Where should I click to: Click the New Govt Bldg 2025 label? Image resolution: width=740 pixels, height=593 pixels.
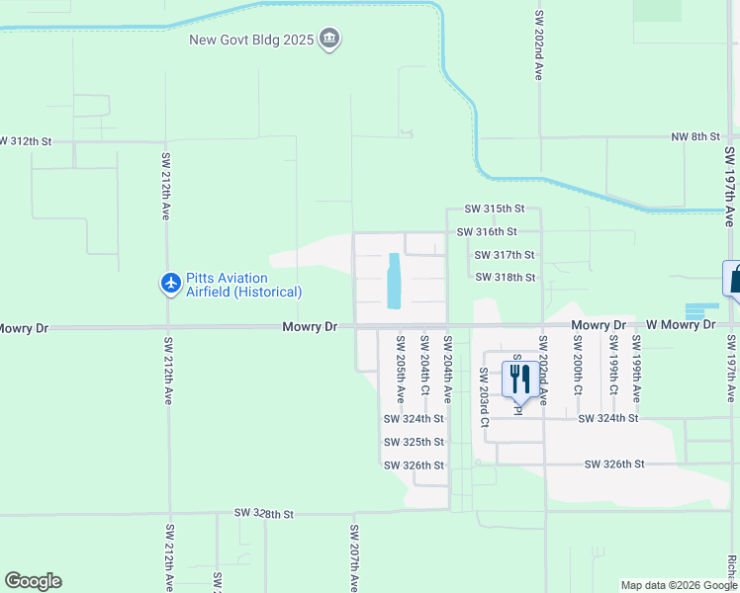click(x=252, y=40)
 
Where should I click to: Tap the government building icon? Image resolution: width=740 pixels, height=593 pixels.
click(x=329, y=40)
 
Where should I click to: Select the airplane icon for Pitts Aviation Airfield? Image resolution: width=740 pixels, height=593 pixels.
click(x=170, y=285)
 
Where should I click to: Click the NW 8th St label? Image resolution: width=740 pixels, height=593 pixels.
click(x=694, y=136)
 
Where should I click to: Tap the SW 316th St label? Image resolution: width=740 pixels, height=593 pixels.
click(x=487, y=231)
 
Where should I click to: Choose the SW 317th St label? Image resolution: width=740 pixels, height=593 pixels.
click(x=506, y=255)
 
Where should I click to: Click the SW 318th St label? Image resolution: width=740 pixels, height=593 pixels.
click(x=506, y=278)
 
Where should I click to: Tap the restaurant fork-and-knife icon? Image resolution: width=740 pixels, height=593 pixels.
click(x=516, y=377)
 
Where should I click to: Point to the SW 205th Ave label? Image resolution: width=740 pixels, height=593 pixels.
click(x=401, y=370)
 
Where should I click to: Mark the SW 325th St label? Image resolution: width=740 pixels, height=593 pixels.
click(x=415, y=442)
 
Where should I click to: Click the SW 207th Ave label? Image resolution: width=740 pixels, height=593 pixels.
click(x=353, y=557)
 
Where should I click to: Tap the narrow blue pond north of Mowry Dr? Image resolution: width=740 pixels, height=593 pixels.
click(x=394, y=280)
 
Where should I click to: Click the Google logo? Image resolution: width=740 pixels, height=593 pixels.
click(x=33, y=581)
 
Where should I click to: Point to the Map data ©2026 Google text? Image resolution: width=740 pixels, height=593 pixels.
click(x=678, y=585)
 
